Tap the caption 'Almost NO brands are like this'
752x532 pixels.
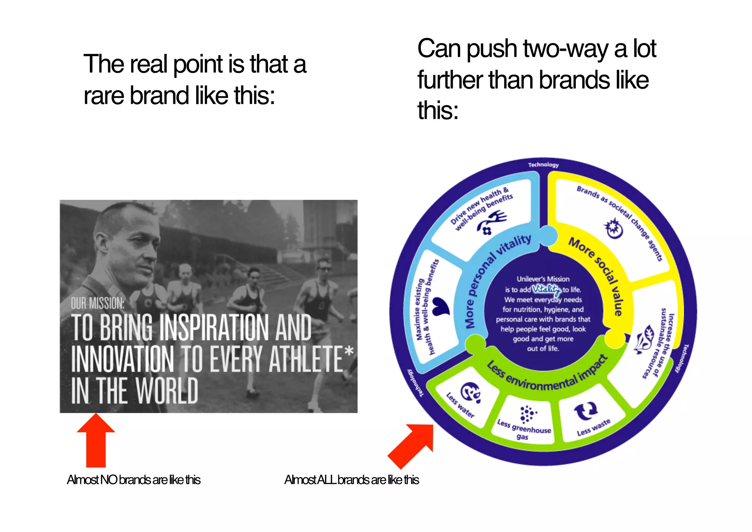point(134,480)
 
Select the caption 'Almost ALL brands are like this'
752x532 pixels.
point(351,480)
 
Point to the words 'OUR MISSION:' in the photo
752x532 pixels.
point(98,303)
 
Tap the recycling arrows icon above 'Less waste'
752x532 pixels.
point(586,411)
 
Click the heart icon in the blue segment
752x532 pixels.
point(440,307)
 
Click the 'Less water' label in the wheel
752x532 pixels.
point(460,405)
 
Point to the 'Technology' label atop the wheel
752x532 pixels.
point(543,165)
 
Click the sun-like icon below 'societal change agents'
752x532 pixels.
point(614,228)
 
